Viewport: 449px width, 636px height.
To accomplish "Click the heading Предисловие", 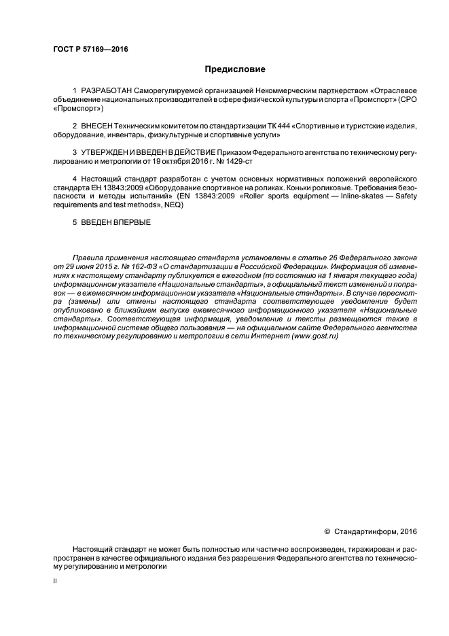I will point(236,69).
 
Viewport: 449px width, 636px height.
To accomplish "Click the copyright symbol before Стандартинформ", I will point(327,531).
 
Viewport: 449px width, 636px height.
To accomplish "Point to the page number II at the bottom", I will point(55,582).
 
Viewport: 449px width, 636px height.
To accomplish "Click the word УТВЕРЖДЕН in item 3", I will point(107,152).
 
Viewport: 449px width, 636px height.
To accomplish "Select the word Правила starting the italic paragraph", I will point(88,258).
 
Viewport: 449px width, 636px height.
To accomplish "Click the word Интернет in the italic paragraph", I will point(255,336).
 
